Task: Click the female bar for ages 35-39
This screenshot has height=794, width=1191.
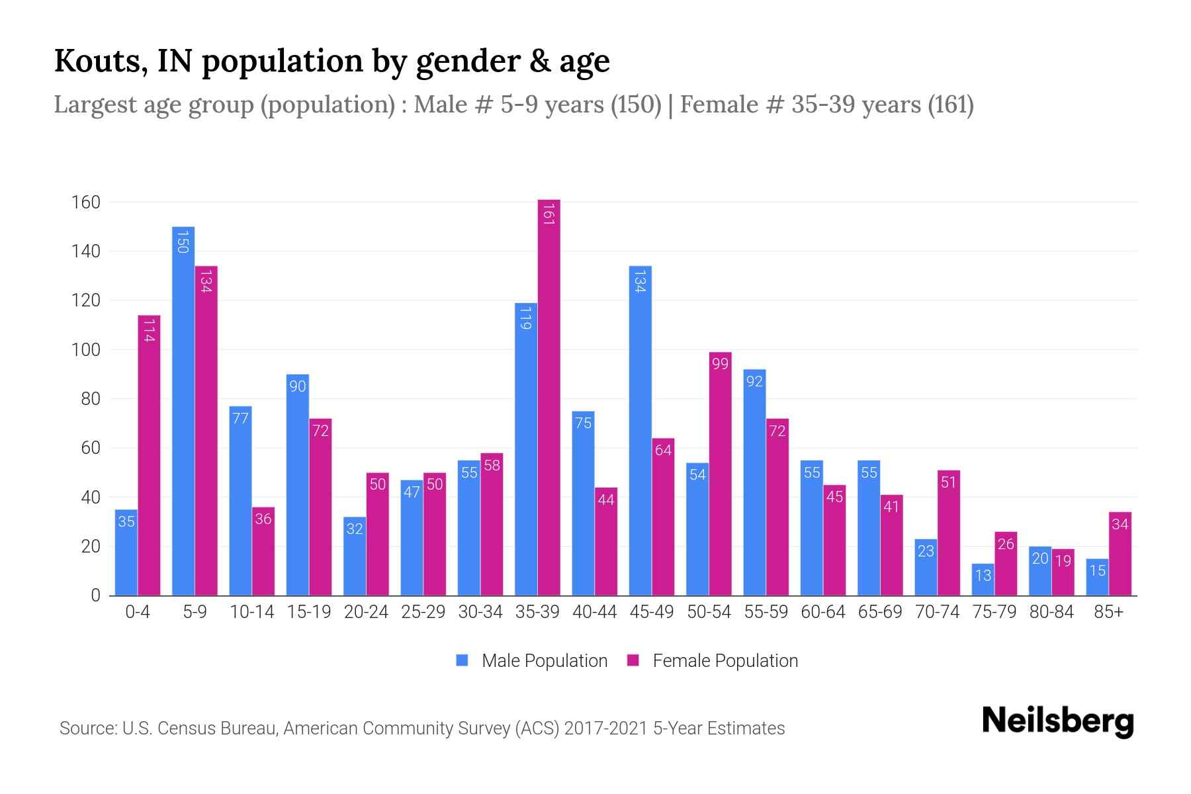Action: coord(549,397)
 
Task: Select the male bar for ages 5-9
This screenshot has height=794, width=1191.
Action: coord(183,410)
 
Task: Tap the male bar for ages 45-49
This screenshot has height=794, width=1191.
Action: coord(640,430)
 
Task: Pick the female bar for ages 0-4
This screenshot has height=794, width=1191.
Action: coord(149,457)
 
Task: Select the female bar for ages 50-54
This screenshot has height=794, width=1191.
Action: coord(720,474)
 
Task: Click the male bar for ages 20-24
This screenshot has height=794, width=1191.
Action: coord(355,556)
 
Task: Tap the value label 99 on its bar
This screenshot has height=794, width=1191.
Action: coord(720,364)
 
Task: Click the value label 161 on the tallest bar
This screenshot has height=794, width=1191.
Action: coord(549,214)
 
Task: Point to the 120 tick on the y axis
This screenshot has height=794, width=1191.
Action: coord(85,300)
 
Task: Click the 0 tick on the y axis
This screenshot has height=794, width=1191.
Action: coord(95,595)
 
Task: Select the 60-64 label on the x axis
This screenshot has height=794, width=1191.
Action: coord(822,612)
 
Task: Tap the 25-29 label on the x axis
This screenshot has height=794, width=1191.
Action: coord(423,612)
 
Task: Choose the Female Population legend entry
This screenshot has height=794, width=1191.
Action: coord(713,661)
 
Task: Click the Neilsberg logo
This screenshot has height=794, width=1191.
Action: coord(1057,721)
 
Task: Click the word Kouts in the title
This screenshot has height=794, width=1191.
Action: coord(101,61)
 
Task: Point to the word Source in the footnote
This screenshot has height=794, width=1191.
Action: coord(87,728)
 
